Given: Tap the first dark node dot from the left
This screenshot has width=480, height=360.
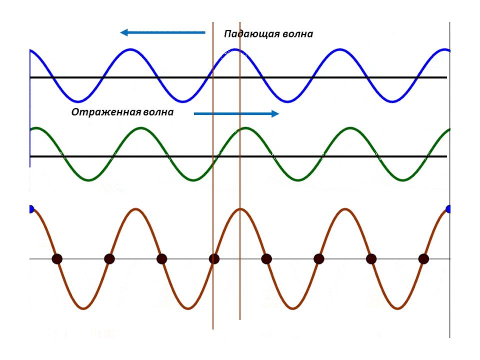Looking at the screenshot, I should (x=57, y=259).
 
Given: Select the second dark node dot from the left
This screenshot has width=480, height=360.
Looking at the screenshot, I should (x=109, y=259).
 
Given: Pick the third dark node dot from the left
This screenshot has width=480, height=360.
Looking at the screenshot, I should (x=161, y=259).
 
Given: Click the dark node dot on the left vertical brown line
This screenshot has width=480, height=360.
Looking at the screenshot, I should (x=214, y=259).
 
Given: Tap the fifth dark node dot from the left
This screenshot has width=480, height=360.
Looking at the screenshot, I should (x=266, y=259).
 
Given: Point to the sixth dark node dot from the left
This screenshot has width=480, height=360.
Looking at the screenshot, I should (x=319, y=259).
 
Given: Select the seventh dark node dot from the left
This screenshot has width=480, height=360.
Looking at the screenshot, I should (x=371, y=259).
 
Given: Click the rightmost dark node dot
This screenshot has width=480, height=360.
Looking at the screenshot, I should (x=423, y=259).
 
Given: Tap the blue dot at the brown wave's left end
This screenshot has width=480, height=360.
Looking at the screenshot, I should (x=30, y=209).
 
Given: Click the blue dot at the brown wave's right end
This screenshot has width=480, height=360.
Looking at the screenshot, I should (x=448, y=209).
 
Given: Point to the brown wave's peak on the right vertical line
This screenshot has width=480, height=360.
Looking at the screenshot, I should (x=240, y=208).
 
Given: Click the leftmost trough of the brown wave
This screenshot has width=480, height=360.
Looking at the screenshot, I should (x=83, y=308).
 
